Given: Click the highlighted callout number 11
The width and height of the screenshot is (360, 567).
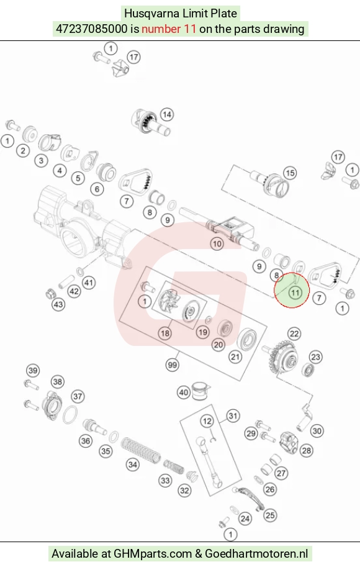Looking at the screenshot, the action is tap(295, 293).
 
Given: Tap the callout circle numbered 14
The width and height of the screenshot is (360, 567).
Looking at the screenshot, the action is tap(166, 115).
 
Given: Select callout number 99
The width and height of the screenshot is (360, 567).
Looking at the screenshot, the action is tap(173, 365).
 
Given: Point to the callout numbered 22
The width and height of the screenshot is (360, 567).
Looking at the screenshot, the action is tap(294, 333).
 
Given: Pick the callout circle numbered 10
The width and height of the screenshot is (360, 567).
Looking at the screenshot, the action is tap(217, 243).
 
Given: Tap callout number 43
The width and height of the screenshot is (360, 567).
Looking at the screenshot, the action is tap(58, 304).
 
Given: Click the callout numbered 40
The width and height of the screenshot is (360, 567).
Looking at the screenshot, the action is tap(184, 392).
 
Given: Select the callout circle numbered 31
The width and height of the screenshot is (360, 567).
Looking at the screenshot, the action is tap(233, 416).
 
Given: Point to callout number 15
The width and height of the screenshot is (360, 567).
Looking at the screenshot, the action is tap(290, 173).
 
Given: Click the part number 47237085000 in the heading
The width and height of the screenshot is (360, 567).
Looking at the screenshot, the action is tap(91, 29).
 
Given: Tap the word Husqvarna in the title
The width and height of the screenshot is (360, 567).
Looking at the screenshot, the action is tap(151, 14).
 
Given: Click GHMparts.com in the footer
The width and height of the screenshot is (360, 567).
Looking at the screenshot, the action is tap(153, 553).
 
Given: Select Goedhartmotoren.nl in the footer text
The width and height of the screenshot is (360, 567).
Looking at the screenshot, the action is tap(256, 553).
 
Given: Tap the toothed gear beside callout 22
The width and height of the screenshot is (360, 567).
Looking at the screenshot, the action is tap(282, 358).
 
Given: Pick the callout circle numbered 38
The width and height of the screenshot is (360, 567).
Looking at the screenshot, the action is tap(58, 381).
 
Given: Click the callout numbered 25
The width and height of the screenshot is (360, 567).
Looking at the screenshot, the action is tap(270, 515).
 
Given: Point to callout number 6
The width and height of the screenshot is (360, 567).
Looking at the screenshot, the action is tap(96, 189).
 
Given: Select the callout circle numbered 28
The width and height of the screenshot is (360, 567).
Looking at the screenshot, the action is tap(306, 451).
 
